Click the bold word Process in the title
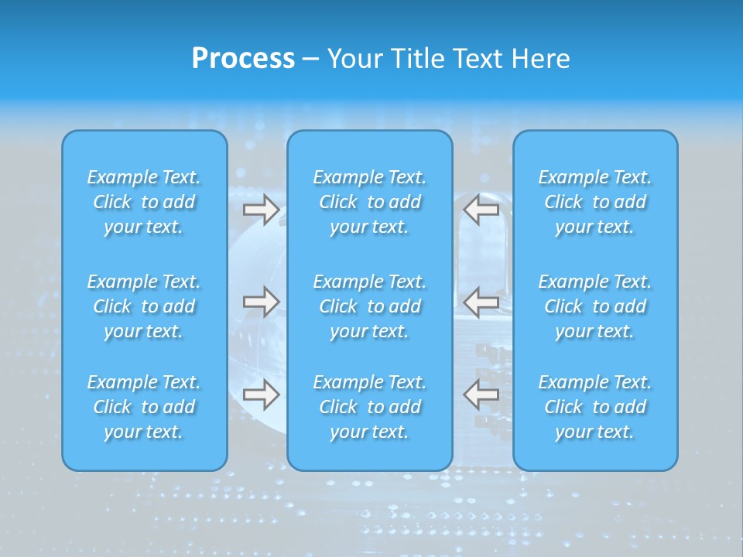(x=243, y=59)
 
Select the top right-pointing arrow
(x=261, y=210)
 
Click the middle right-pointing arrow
(x=261, y=302)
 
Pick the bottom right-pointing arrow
(x=261, y=394)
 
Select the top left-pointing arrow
(x=481, y=210)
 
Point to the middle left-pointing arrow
(x=481, y=302)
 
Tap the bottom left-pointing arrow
(x=481, y=394)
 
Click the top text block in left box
(x=144, y=202)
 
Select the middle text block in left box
(x=144, y=306)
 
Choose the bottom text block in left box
(x=144, y=407)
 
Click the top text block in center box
(x=369, y=202)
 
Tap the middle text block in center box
(x=369, y=306)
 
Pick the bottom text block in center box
(x=369, y=407)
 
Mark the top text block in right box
(x=594, y=202)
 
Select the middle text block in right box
(x=594, y=306)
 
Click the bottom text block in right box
(x=594, y=407)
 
